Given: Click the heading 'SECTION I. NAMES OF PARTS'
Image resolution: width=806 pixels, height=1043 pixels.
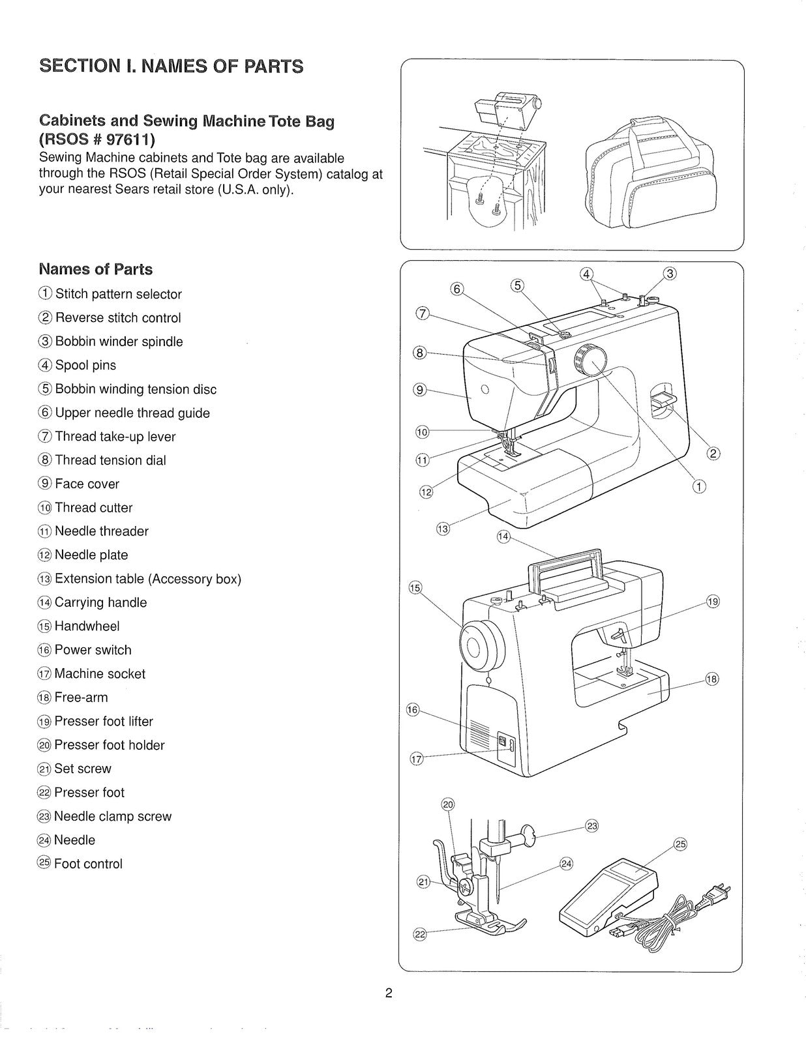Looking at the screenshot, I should pyautogui.click(x=171, y=66).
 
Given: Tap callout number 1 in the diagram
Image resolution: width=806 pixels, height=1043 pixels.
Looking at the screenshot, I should pyautogui.click(x=700, y=486).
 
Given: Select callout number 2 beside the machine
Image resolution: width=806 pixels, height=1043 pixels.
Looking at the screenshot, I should pyautogui.click(x=714, y=454).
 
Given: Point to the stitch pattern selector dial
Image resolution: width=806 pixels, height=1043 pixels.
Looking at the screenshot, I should pyautogui.click(x=590, y=359).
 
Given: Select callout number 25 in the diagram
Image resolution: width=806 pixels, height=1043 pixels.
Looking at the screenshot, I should pyautogui.click(x=680, y=844).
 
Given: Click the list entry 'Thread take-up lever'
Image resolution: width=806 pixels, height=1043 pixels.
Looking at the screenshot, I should pyautogui.click(x=115, y=437).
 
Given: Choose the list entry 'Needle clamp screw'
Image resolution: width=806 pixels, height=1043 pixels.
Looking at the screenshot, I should pyautogui.click(x=112, y=816).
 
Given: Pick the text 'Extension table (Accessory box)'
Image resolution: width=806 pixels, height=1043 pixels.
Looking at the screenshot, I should pyautogui.click(x=147, y=579).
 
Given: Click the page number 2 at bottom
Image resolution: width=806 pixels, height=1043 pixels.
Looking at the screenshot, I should pyautogui.click(x=388, y=993).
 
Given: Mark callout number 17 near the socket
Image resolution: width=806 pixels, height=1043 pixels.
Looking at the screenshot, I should pyautogui.click(x=417, y=759).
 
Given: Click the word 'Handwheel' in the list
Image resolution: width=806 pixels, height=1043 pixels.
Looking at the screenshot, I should pyautogui.click(x=87, y=626).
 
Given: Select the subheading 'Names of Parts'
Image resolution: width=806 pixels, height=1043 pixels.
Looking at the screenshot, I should pyautogui.click(x=95, y=269).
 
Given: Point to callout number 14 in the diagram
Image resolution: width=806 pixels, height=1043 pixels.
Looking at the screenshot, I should pyautogui.click(x=503, y=536).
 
